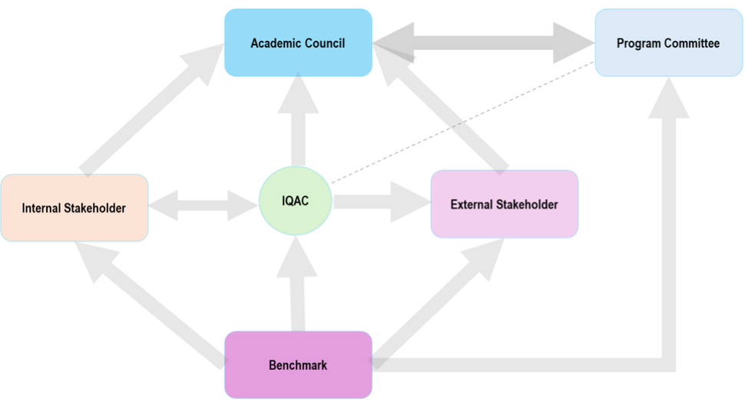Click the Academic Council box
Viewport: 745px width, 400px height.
298,43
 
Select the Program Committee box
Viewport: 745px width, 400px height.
668,43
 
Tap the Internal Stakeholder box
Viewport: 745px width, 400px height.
74,208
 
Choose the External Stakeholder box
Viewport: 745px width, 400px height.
504,205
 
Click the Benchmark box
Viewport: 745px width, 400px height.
298,365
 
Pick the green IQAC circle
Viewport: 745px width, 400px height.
296,202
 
